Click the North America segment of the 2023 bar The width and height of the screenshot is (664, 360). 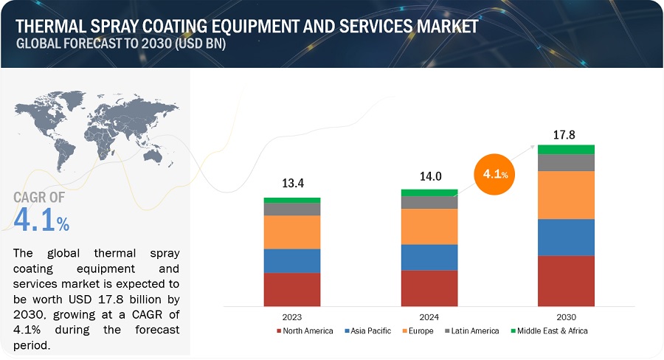pyautogui.click(x=292, y=289)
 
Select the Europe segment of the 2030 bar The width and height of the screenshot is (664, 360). pyautogui.click(x=566, y=195)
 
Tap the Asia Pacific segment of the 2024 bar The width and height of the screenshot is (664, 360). pyautogui.click(x=429, y=257)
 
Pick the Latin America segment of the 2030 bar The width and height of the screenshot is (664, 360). pyautogui.click(x=566, y=162)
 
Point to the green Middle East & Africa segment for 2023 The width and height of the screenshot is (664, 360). pyautogui.click(x=292, y=200)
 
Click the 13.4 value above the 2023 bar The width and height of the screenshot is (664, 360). pyautogui.click(x=292, y=183)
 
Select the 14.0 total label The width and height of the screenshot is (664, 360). pyautogui.click(x=429, y=176)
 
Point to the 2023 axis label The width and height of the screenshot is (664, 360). pyautogui.click(x=292, y=315)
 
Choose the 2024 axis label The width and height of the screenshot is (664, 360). pyautogui.click(x=429, y=315)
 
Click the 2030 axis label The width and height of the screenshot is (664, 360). pyautogui.click(x=566, y=315)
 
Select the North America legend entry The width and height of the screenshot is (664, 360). pyautogui.click(x=305, y=331)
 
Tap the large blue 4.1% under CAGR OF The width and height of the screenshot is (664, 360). pyautogui.click(x=41, y=220)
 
